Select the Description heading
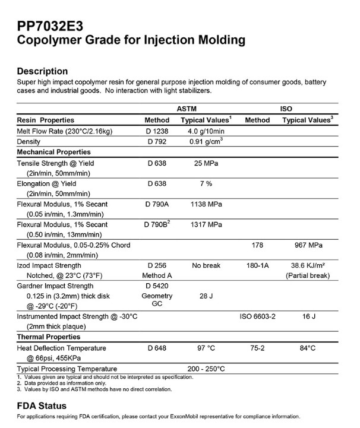[42, 71]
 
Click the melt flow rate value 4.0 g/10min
[206, 131]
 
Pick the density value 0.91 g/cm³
[206, 142]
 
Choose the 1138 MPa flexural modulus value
[206, 204]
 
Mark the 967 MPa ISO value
[308, 245]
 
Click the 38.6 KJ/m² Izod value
[308, 265]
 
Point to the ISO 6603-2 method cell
[257, 317]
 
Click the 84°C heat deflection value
[308, 348]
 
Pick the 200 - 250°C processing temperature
[206, 369]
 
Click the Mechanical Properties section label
[55, 152]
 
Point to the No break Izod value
[206, 265]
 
